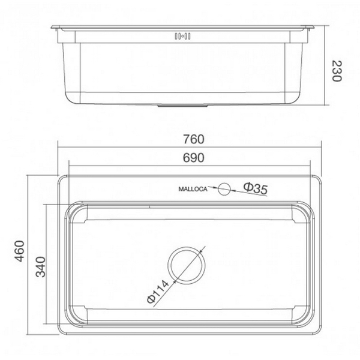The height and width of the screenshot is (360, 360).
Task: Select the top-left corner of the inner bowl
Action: click(67, 207)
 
